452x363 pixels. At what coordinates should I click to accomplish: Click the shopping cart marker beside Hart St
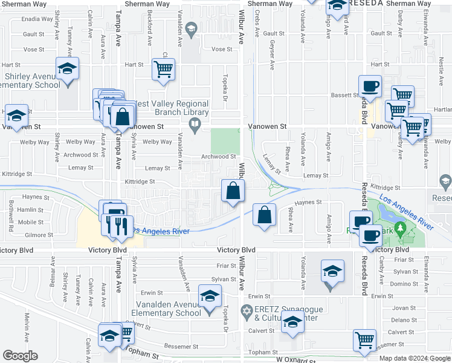(x=163, y=70)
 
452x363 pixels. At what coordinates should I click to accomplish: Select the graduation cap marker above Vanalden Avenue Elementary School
(x=210, y=296)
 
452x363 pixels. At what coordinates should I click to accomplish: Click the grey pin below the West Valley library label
(x=195, y=126)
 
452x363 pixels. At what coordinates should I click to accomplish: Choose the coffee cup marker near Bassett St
(x=369, y=87)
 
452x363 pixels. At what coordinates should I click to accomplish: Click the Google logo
(x=20, y=355)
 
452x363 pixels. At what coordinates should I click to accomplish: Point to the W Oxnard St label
(x=296, y=359)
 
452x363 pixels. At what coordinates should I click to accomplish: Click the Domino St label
(x=400, y=284)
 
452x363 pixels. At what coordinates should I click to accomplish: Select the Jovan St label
(x=400, y=307)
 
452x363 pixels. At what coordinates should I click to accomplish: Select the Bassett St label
(x=345, y=95)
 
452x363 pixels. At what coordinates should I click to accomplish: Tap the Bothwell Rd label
(x=11, y=221)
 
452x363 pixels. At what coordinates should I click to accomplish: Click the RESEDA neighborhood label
(x=366, y=4)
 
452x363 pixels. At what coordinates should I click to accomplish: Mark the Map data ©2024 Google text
(x=415, y=358)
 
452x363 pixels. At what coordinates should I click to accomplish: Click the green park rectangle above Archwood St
(x=224, y=141)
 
